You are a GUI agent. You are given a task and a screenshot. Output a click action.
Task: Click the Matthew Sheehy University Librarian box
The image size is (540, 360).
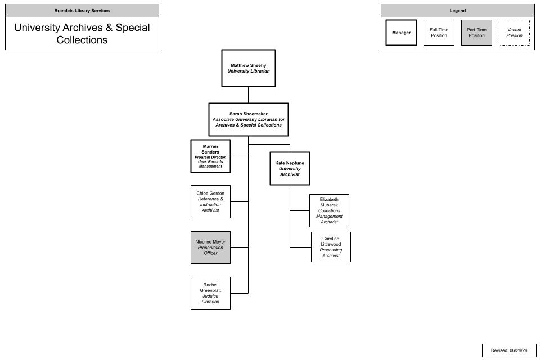[x=249, y=68]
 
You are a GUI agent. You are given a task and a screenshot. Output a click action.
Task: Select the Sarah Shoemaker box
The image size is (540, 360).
[x=249, y=119]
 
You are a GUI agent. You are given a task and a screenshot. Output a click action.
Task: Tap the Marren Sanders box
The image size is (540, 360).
[x=210, y=156]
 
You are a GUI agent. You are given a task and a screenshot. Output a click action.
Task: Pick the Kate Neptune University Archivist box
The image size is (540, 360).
[x=290, y=168]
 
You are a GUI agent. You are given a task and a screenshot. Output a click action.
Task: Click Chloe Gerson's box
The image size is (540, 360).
[x=210, y=201]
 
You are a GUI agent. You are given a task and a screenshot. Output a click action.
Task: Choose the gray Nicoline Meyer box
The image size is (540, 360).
[x=210, y=247]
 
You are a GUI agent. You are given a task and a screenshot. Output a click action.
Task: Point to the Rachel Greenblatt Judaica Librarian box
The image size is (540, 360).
[x=210, y=293]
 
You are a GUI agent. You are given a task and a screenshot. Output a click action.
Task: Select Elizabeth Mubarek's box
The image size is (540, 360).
[x=329, y=211]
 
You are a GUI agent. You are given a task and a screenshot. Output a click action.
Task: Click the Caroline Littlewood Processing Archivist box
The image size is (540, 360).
[x=331, y=247]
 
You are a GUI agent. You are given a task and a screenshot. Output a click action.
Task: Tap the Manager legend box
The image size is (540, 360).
[x=401, y=33]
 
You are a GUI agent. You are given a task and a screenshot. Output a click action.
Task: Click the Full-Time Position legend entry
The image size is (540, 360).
[x=439, y=33]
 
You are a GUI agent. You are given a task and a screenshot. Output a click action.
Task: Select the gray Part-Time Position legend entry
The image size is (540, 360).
[x=476, y=33]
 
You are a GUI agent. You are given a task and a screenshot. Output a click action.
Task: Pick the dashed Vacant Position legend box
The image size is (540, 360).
[x=514, y=33]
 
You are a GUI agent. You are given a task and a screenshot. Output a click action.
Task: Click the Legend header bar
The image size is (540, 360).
[x=457, y=11]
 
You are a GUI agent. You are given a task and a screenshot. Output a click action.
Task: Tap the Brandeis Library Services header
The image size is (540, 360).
[x=82, y=11]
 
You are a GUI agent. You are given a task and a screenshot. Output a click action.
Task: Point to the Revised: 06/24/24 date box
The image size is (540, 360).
[x=509, y=350]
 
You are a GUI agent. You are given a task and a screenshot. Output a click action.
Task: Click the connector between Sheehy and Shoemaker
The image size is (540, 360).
[x=249, y=94]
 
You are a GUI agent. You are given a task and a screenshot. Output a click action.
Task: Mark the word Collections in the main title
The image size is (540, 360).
[x=82, y=40]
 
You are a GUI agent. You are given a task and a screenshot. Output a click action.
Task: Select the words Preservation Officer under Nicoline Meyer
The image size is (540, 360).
[x=210, y=250]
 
